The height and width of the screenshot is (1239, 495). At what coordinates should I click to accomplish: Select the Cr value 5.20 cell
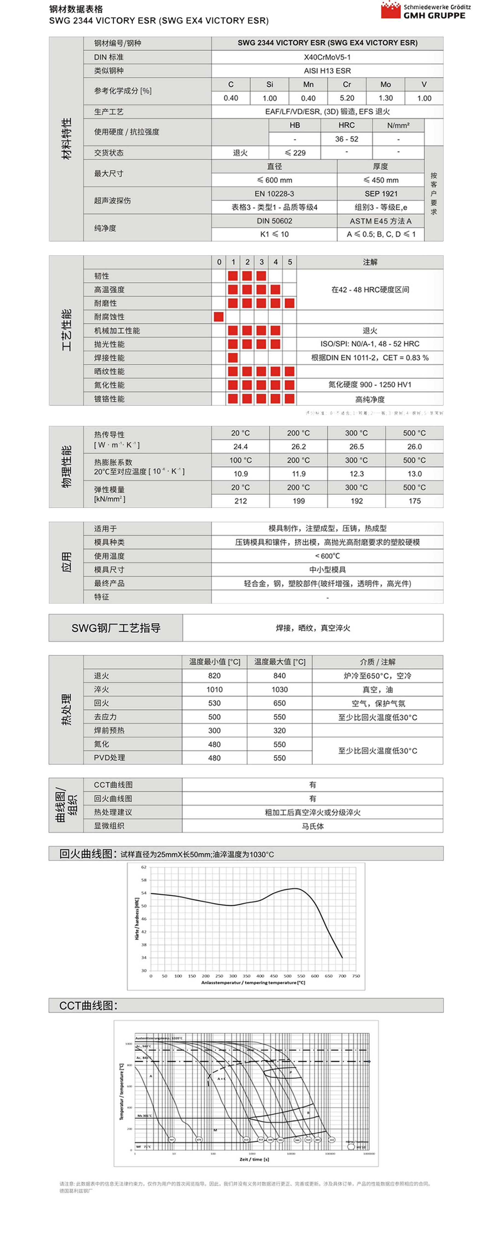click(x=347, y=98)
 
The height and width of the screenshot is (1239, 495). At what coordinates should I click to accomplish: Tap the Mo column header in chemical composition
click(x=385, y=84)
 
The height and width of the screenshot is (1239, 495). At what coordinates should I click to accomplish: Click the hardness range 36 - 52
click(x=346, y=139)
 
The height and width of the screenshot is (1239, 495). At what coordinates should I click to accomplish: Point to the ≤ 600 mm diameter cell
click(x=274, y=180)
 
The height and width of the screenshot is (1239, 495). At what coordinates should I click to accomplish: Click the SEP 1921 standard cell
click(x=381, y=193)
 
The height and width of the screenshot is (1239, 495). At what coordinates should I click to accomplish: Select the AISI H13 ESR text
click(x=327, y=71)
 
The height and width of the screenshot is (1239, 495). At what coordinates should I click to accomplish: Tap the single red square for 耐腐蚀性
click(x=219, y=316)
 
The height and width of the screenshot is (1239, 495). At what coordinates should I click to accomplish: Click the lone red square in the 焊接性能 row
click(x=233, y=358)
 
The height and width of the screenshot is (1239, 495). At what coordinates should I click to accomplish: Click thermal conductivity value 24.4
click(x=240, y=447)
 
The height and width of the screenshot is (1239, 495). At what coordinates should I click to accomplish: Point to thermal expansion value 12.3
click(x=356, y=474)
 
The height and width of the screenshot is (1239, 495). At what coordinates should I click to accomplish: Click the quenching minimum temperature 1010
click(x=215, y=690)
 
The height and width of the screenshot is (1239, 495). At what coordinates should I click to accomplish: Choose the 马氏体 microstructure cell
click(x=313, y=826)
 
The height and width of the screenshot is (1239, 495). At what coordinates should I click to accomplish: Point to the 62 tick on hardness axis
click(x=143, y=867)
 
